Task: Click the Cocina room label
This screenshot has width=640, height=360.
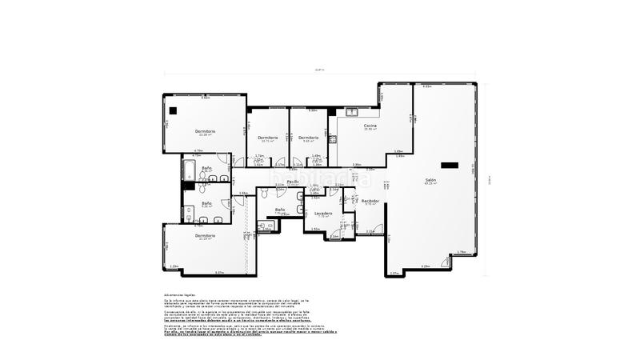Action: [370, 126]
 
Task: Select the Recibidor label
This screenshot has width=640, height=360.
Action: [370, 201]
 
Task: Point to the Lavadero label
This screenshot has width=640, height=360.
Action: [322, 213]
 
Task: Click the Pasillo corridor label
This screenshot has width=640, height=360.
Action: [293, 182]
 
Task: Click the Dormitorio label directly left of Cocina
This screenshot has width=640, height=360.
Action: [309, 138]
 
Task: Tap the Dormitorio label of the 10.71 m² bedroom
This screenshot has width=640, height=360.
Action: [267, 138]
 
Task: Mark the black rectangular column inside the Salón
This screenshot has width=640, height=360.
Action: [450, 166]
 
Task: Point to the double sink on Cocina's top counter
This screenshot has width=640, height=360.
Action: [353, 111]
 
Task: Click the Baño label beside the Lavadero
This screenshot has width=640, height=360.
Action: [280, 210]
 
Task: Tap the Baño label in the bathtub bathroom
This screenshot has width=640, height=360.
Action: [207, 169]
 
